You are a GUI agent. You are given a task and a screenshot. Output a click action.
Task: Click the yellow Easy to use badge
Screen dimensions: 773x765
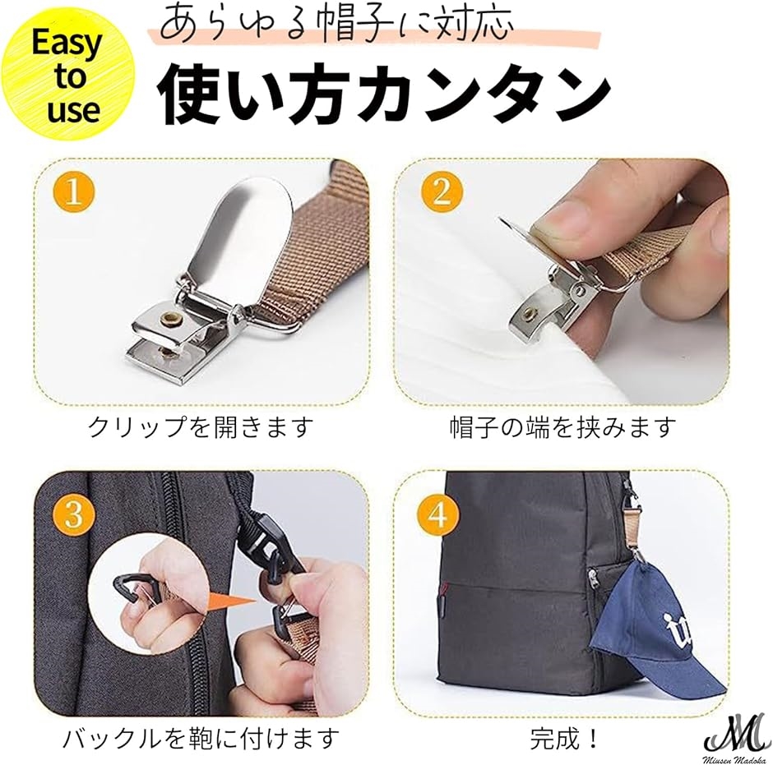67,76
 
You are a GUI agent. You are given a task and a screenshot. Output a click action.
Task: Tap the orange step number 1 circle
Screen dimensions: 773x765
73,191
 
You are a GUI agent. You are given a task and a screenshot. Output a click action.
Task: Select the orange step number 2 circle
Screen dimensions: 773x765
442,191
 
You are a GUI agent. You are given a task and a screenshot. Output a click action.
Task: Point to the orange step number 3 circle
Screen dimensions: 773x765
73,514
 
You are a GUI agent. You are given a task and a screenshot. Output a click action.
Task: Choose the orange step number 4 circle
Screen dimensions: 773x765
437,514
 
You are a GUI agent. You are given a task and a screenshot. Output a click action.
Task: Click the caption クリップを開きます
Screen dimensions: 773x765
201,427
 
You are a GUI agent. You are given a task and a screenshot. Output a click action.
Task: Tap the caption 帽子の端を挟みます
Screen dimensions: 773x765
562,427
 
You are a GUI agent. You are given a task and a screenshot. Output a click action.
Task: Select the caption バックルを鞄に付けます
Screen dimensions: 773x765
201,738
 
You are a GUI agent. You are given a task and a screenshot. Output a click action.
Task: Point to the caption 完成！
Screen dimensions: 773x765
565,738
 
